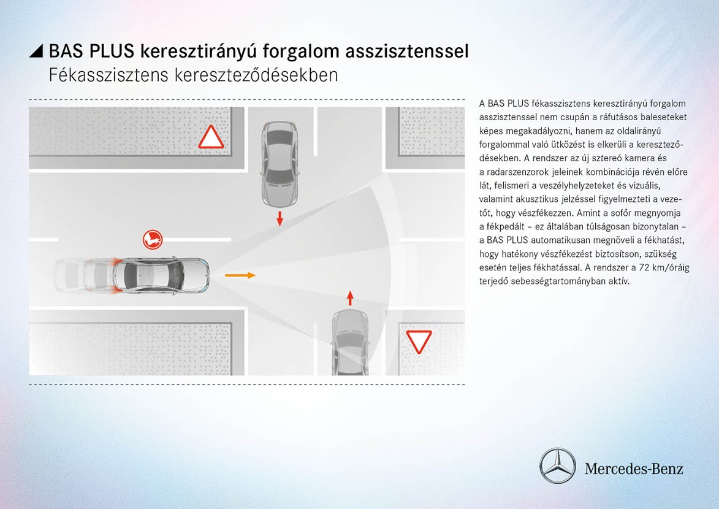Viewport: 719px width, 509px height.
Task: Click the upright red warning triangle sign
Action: click(x=211, y=138)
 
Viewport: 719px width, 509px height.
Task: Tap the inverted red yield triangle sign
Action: click(x=419, y=340)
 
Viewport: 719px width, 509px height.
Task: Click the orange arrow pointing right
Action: click(x=240, y=275)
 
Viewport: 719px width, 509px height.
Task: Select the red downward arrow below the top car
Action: click(x=280, y=218)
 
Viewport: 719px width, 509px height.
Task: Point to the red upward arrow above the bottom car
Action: click(x=350, y=298)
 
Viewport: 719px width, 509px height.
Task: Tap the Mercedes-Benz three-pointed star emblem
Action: click(x=557, y=465)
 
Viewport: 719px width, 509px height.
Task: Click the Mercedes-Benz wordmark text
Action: click(x=633, y=469)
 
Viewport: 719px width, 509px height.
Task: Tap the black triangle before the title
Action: click(x=37, y=52)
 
